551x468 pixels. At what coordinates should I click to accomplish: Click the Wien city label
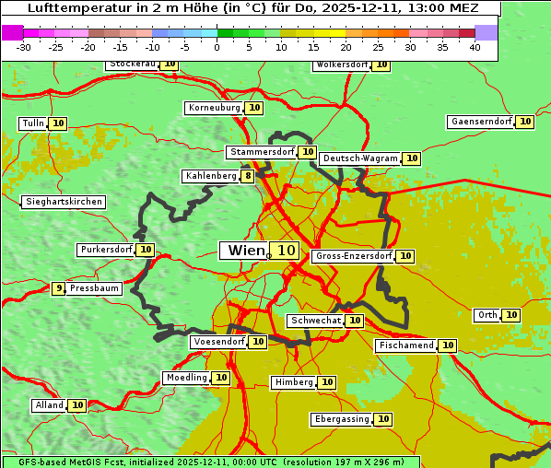244,251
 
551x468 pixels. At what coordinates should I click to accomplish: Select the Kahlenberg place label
211,176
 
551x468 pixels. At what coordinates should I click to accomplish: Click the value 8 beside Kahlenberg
248,176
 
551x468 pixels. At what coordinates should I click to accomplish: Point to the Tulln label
32,123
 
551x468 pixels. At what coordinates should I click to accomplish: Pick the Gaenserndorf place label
480,122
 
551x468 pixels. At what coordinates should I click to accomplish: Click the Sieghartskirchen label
64,202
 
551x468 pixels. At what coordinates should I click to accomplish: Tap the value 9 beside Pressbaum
59,288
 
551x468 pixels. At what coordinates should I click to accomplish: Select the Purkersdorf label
106,250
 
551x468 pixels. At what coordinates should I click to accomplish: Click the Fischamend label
405,345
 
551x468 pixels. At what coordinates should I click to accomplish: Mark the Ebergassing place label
342,419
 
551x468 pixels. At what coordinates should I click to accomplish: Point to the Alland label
49,405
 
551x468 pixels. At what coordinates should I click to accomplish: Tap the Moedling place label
186,378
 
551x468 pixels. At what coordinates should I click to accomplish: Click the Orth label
487,315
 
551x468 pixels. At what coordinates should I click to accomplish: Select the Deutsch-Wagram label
360,158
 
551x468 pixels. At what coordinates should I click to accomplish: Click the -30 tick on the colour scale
24,47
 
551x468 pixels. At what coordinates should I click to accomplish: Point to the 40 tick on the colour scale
475,47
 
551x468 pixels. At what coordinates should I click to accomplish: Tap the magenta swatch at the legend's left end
12,32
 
